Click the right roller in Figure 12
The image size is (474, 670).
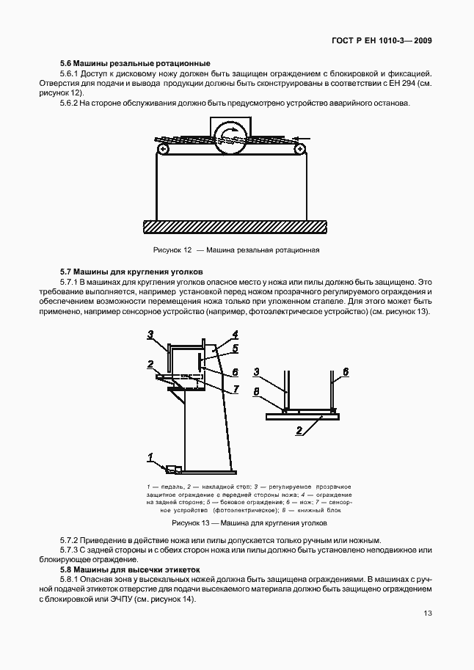299,149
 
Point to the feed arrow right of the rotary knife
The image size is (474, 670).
301,138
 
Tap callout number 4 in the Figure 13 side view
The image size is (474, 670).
235,335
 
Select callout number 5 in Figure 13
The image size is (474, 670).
235,347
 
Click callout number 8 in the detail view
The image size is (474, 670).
256,392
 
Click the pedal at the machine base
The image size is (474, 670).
174,468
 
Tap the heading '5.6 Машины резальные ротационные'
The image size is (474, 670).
136,63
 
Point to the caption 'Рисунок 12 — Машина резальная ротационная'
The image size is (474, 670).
236,250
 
